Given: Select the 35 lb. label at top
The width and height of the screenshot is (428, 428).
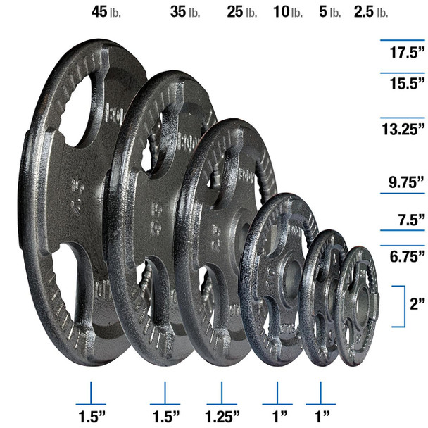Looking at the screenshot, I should [x=185, y=12].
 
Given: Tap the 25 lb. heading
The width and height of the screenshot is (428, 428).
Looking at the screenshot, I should [x=241, y=12].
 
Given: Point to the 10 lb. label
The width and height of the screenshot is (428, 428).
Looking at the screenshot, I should [x=289, y=12].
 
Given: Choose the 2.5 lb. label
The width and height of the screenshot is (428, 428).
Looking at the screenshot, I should [x=372, y=12].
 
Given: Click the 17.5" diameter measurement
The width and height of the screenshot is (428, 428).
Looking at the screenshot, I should [x=408, y=53].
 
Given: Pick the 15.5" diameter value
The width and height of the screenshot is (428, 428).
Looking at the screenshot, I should [x=408, y=82].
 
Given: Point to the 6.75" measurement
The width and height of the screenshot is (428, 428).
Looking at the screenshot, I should [x=406, y=254].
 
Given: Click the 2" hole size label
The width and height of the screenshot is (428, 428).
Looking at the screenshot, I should [x=417, y=305].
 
